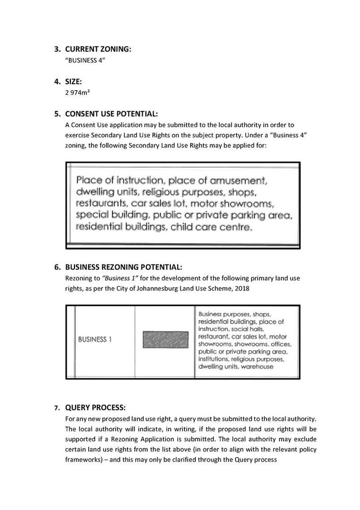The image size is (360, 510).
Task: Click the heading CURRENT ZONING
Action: [x=98, y=49]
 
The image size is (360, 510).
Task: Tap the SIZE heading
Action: [x=74, y=82]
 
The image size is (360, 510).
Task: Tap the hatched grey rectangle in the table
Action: [x=166, y=340]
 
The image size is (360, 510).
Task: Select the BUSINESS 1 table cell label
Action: [x=95, y=340]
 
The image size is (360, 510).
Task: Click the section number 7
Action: [x=57, y=408]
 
